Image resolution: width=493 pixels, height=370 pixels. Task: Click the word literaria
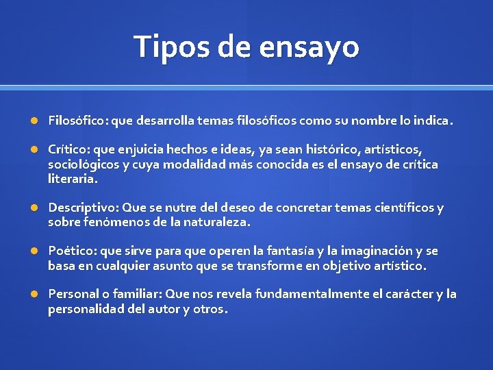72,179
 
